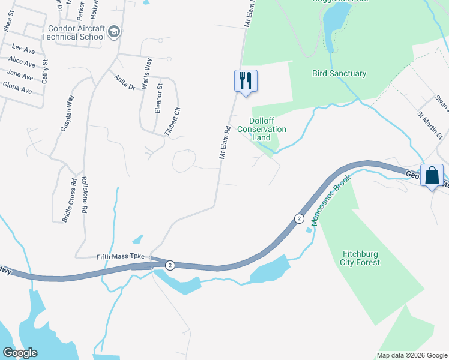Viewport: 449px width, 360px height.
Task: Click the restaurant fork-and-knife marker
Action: pyautogui.click(x=246, y=80)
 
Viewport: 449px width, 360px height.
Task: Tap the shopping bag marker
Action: pyautogui.click(x=432, y=176)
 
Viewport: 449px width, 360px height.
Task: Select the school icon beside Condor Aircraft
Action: pyautogui.click(x=115, y=32)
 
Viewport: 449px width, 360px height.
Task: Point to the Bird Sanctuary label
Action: pyautogui.click(x=339, y=73)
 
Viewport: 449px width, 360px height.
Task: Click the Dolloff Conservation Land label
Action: pyautogui.click(x=262, y=129)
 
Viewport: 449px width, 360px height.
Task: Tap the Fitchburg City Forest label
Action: pyautogui.click(x=360, y=257)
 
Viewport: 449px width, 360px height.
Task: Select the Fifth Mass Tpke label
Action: pyautogui.click(x=121, y=256)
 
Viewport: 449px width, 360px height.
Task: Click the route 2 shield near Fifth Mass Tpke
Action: pyautogui.click(x=170, y=265)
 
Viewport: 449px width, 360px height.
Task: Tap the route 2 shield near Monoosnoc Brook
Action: pyautogui.click(x=298, y=218)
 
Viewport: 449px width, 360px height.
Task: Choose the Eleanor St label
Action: pyautogui.click(x=159, y=99)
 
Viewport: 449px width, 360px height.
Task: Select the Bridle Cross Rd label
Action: pyautogui.click(x=68, y=200)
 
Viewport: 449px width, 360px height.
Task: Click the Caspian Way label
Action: pyautogui.click(x=67, y=113)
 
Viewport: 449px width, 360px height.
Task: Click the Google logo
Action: pyautogui.click(x=20, y=353)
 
